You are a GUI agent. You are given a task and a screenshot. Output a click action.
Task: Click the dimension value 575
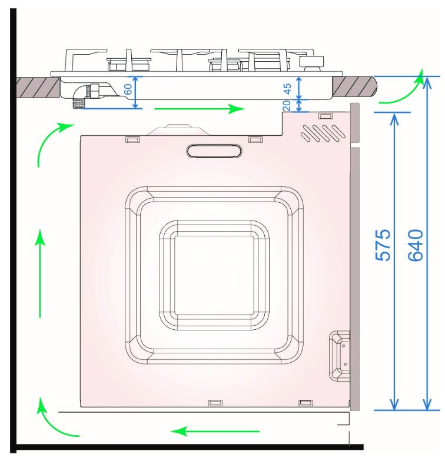point(383,245)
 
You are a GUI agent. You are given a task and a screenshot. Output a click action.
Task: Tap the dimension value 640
point(416,245)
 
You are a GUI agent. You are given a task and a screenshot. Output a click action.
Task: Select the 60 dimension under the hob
point(128,89)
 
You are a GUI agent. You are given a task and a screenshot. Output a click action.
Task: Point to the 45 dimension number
point(287,89)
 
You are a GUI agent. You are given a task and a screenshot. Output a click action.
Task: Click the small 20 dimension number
point(286,105)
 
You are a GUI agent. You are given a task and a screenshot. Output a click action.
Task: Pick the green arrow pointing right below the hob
point(199,109)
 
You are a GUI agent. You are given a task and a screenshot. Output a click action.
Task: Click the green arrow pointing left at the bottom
point(215,432)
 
